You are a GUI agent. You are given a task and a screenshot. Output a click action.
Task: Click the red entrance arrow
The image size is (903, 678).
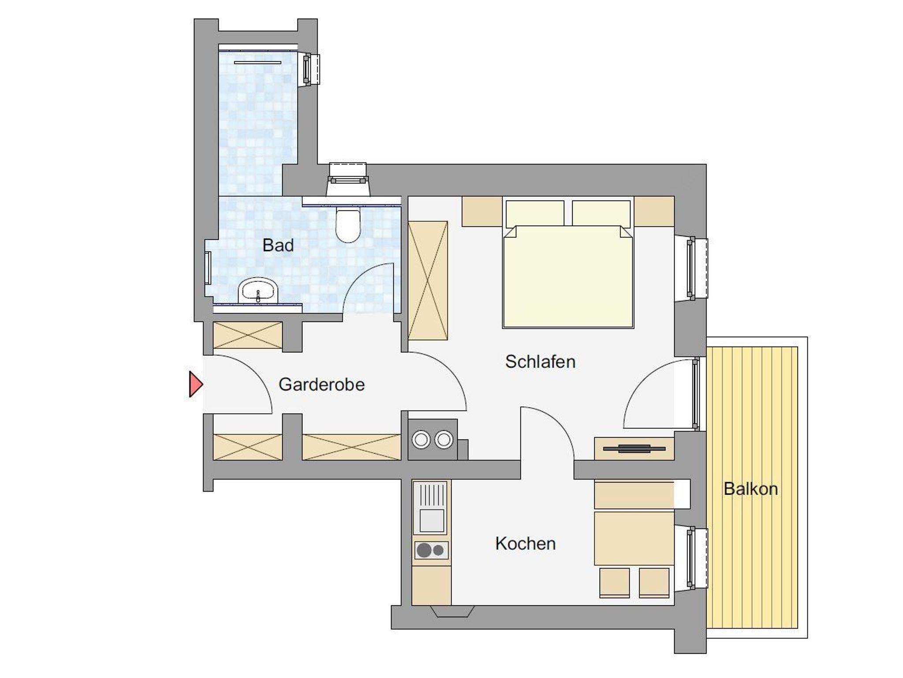[196, 384]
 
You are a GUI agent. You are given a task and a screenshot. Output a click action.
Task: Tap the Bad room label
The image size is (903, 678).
[278, 245]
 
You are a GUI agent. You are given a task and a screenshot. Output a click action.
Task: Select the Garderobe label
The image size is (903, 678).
[321, 384]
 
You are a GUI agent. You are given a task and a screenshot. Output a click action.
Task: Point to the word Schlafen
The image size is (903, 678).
[540, 361]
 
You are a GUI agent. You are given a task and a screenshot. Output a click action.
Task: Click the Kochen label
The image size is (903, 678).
[525, 544]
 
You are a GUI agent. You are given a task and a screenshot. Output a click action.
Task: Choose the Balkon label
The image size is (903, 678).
[750, 489]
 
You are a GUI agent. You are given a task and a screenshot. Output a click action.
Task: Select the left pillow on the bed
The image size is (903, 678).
[535, 214]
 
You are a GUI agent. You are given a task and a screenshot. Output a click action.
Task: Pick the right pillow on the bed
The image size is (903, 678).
[601, 214]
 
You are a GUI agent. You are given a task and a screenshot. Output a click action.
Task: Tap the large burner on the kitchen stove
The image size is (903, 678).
[424, 550]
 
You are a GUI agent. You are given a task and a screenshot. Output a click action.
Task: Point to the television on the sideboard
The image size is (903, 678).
[634, 449]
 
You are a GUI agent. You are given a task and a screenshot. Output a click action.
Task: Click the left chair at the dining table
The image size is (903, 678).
[614, 583]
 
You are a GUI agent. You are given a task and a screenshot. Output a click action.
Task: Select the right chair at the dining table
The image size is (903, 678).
[654, 583]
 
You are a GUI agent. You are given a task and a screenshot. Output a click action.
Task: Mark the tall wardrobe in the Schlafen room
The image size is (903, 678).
[428, 280]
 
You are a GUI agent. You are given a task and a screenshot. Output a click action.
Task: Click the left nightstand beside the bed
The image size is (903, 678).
[482, 212]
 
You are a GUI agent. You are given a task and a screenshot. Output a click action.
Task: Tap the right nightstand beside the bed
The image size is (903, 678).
[654, 212]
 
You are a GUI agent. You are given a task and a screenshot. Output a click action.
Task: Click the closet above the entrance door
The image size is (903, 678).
[247, 335]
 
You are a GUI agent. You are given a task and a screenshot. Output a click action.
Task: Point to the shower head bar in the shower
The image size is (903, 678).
[257, 63]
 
